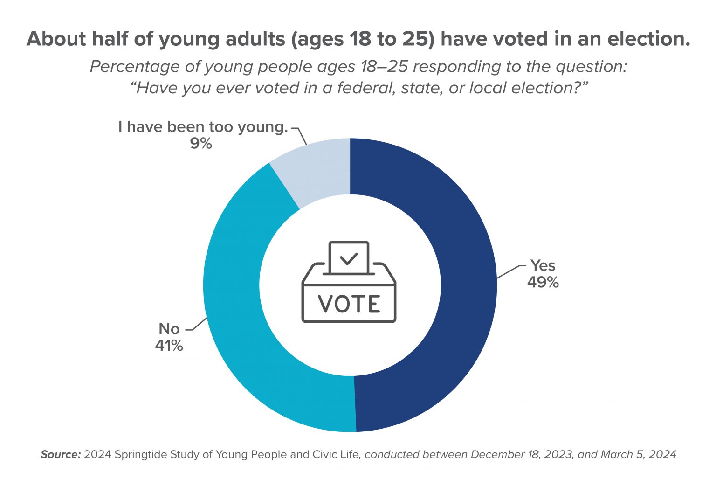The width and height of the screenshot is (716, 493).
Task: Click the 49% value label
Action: (543, 282)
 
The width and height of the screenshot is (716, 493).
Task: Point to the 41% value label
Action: (169, 346)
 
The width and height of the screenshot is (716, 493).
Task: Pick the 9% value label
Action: (201, 144)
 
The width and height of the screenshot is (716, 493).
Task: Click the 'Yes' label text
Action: (543, 265)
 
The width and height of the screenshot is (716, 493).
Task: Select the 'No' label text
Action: (169, 329)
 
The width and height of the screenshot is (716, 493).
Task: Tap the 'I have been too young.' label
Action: (203, 127)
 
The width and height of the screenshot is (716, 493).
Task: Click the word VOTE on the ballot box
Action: (349, 304)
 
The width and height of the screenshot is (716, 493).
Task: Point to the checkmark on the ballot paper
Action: (349, 258)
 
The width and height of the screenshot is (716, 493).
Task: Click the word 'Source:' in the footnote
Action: (61, 454)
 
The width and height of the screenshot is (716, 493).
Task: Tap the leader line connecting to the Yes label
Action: (510, 271)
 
